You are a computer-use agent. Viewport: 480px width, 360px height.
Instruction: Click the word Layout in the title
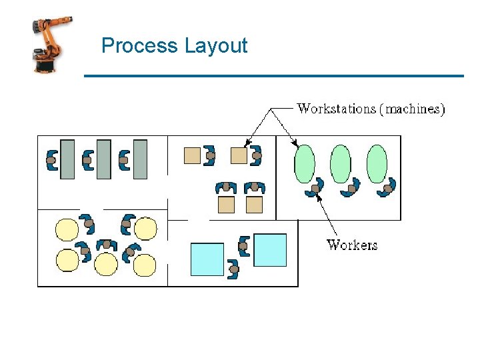[x=215, y=46]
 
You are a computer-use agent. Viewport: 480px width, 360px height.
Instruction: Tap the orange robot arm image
[x=52, y=45]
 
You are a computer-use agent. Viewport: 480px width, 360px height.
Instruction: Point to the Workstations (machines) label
[x=371, y=109]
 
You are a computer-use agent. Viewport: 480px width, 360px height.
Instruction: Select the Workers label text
[x=352, y=245]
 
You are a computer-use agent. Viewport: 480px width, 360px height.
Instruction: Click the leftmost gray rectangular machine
[x=67, y=159]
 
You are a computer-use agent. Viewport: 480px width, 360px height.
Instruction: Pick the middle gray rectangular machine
[x=103, y=159]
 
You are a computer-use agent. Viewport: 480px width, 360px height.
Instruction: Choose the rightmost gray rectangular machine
[x=140, y=159]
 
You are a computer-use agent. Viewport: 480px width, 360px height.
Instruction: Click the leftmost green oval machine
[x=305, y=163]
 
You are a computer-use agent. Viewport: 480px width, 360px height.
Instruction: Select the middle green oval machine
[x=341, y=163]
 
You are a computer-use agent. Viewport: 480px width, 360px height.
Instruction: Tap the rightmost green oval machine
[x=377, y=163]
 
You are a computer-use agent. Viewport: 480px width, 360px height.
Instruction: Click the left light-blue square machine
[x=207, y=259]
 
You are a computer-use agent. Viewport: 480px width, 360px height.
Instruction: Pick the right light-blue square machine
[x=270, y=250]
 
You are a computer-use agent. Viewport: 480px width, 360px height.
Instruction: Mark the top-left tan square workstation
[x=192, y=155]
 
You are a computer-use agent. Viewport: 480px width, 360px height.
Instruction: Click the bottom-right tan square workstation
[x=254, y=205]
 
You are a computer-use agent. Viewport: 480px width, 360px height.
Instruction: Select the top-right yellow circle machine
[x=145, y=229]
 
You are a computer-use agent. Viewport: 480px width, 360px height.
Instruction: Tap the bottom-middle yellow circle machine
[x=106, y=264]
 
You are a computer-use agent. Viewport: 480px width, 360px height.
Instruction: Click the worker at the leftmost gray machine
[x=51, y=160]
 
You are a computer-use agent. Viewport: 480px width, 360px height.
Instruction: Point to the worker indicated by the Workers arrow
[x=315, y=188]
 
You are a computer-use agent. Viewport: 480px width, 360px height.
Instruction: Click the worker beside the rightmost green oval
[x=388, y=187]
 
